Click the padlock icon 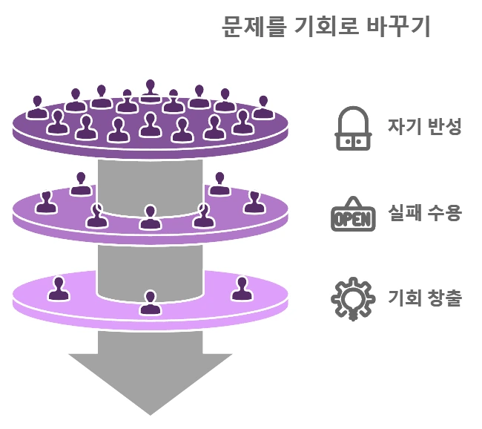click(x=352, y=128)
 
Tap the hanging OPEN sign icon click(x=352, y=215)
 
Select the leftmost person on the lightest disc click(x=59, y=289)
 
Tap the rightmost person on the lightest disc click(x=241, y=289)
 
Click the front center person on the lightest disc click(x=151, y=303)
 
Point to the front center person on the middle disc click(x=151, y=218)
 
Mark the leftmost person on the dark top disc click(x=37, y=108)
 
